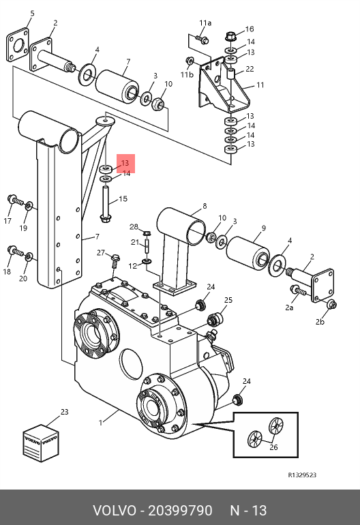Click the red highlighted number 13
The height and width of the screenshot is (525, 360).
125,163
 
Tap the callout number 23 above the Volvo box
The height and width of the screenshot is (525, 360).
64,412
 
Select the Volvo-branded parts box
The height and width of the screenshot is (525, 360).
41,443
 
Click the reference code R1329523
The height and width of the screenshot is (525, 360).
302,475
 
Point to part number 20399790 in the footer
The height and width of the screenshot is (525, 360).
180,511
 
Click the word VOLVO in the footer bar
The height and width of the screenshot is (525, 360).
115,511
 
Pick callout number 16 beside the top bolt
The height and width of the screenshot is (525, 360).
250,29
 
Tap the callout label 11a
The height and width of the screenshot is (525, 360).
205,23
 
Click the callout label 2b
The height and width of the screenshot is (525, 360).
320,322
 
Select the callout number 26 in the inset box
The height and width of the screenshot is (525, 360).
273,447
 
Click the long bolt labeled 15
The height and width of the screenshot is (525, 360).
105,204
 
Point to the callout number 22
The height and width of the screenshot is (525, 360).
250,69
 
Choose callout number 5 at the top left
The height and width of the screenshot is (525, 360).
32,14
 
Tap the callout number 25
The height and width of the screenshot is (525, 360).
228,300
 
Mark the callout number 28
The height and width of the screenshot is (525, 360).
134,227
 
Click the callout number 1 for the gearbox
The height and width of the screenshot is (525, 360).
100,423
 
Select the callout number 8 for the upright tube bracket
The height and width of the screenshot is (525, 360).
205,206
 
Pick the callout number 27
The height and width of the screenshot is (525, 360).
101,253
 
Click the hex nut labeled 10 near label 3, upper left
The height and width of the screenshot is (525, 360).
158,104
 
